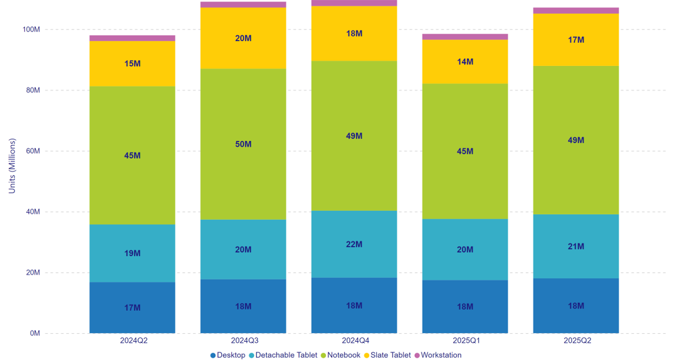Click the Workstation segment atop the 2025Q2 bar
(x=576, y=11)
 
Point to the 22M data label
(x=354, y=244)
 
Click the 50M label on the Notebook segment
(x=243, y=144)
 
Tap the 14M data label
(x=465, y=62)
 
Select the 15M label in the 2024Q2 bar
(x=132, y=63)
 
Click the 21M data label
(x=576, y=246)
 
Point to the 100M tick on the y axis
(x=31, y=29)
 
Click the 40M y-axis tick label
(x=33, y=212)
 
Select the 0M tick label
(x=35, y=333)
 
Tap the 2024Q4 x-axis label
(x=354, y=341)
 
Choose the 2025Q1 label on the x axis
(x=465, y=341)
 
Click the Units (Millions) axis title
(x=12, y=166)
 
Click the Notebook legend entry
(x=340, y=355)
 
